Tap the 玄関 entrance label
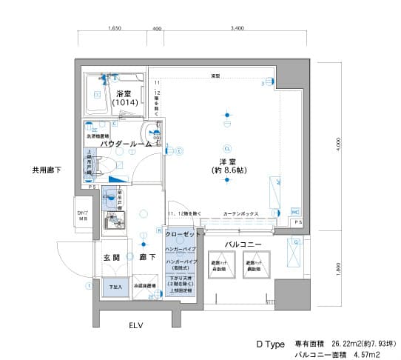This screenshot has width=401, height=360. tap(111, 257)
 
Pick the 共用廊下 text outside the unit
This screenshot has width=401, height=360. tap(47, 170)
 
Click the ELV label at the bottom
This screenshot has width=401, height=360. tap(135, 325)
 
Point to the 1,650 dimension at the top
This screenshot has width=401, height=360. tap(114, 29)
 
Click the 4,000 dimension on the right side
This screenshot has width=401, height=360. tap(338, 143)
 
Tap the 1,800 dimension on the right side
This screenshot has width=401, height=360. tap(338, 270)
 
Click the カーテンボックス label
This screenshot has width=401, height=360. tap(240, 213)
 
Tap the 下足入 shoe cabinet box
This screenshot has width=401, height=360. tap(115, 287)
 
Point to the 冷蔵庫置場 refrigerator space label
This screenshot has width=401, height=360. tap(144, 285)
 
